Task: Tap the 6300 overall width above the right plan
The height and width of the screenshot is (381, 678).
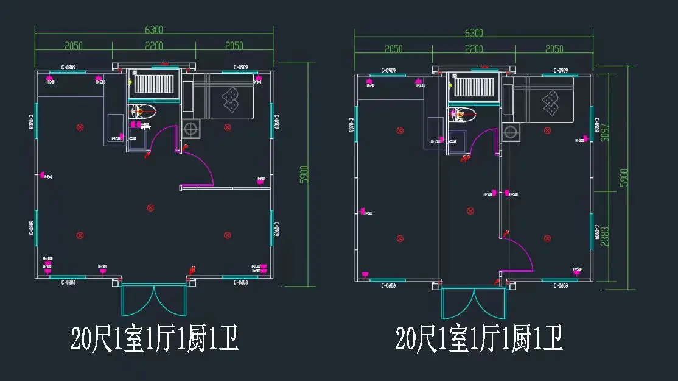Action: click(474, 33)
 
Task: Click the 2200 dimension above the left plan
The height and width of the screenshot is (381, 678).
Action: click(153, 46)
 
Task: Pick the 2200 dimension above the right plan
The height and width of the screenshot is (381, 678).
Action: click(474, 49)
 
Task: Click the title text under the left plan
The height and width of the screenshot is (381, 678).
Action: click(154, 338)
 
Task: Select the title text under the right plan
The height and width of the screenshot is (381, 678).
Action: click(478, 338)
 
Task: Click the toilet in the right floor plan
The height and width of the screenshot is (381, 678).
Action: click(464, 113)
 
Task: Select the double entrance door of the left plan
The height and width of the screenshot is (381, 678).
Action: click(153, 300)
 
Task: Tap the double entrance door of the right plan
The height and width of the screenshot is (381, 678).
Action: click(474, 303)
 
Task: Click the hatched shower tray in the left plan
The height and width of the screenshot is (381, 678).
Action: click(153, 85)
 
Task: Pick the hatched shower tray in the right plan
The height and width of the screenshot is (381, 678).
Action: click(474, 88)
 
